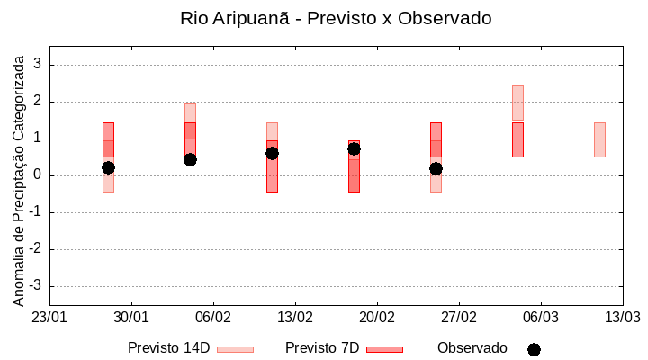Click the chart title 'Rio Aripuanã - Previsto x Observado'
coord(336,19)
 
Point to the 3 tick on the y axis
coord(39,65)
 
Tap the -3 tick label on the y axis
coord(36,286)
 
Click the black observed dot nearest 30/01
coord(108,167)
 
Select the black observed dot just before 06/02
coord(190,159)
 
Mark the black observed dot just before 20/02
coord(354,148)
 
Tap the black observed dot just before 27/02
coord(436,168)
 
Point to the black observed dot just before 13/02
coord(272,153)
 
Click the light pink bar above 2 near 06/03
coord(517,103)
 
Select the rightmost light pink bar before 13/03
coord(599,139)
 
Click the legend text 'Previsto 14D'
coord(168,348)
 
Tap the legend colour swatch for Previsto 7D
coord(384,349)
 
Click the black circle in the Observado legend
coord(534,349)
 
